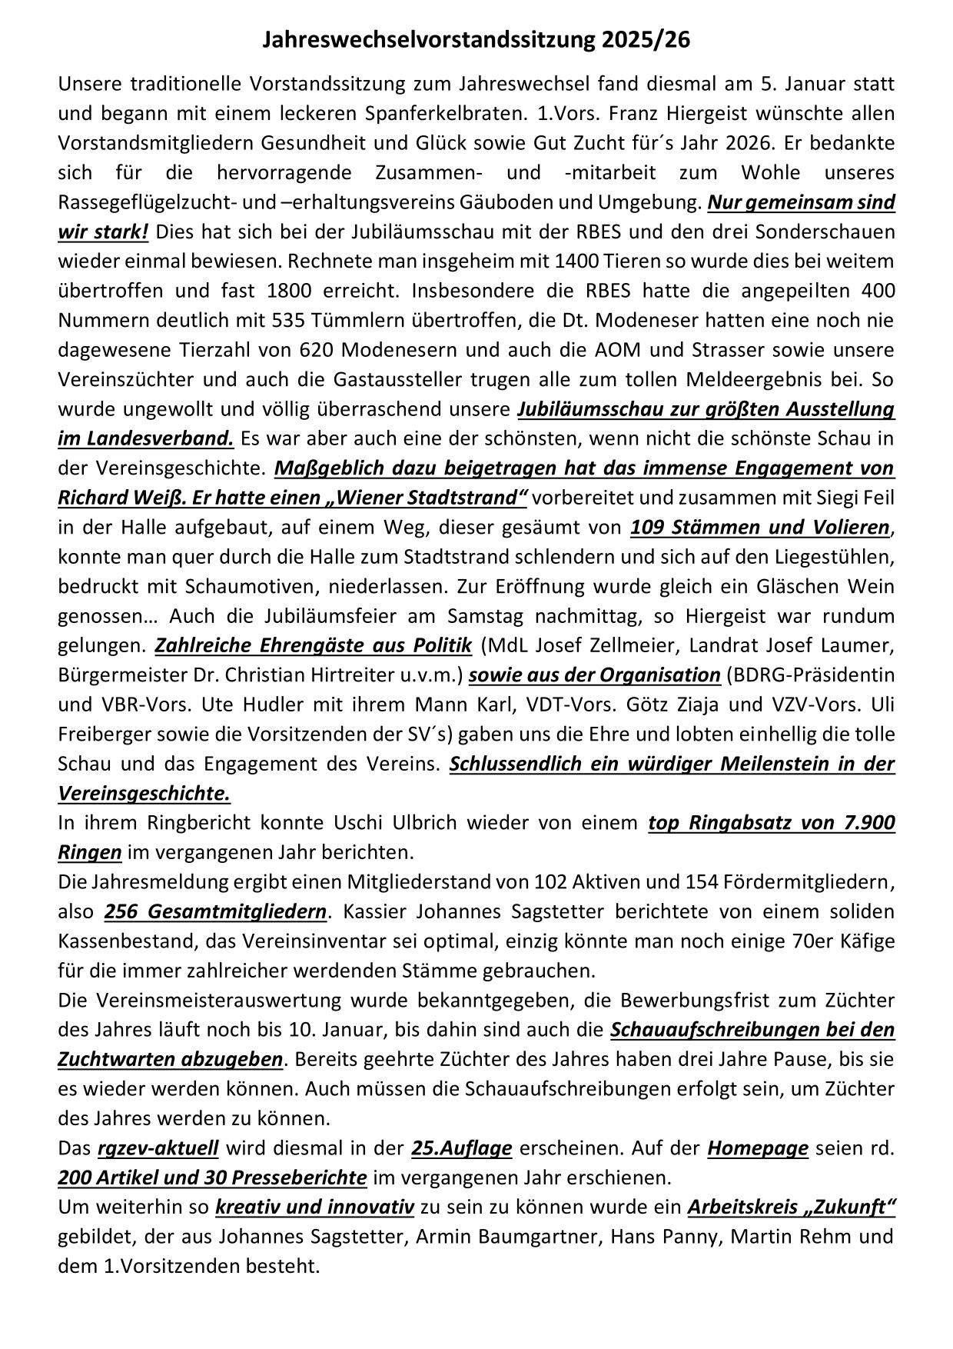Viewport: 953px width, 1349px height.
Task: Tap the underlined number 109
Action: coord(646,528)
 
